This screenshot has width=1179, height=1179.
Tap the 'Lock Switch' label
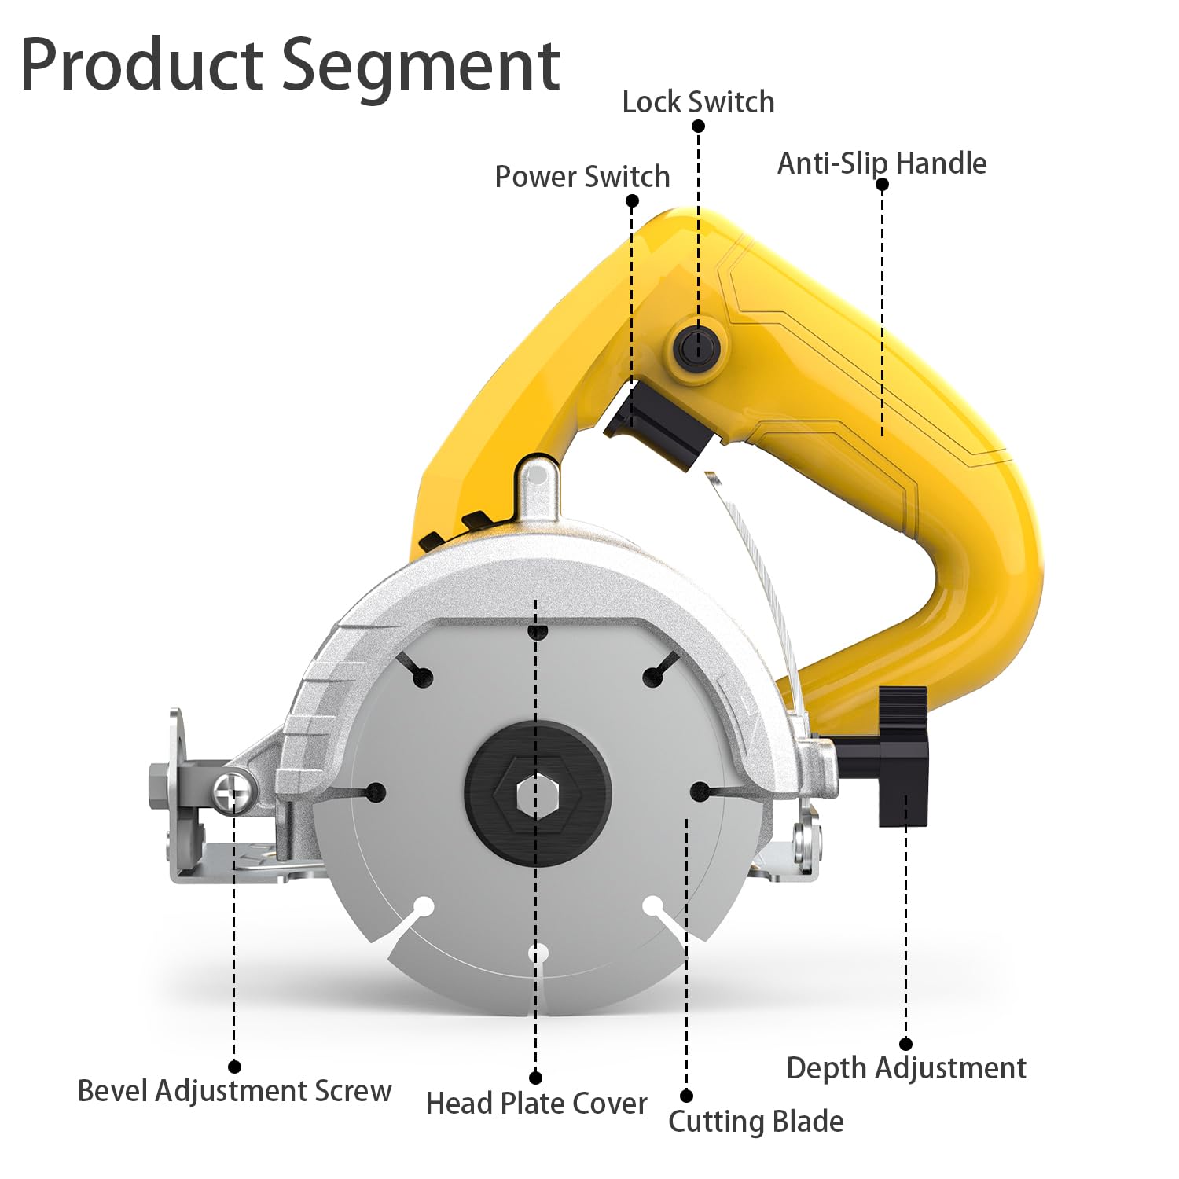[x=698, y=102]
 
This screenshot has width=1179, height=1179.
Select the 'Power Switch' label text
[x=582, y=177]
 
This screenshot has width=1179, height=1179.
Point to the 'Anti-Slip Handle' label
[x=882, y=163]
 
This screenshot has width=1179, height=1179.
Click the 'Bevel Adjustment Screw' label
[x=234, y=1091]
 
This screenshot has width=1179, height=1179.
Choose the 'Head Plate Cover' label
[x=536, y=1104]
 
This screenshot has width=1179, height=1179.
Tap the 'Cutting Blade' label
[x=756, y=1122]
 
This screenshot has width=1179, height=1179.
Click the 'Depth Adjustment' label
[x=906, y=1068]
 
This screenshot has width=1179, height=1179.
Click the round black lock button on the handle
[x=697, y=346]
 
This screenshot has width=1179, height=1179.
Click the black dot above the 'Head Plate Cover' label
[x=536, y=1078]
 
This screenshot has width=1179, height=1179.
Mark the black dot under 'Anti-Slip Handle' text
[x=882, y=185]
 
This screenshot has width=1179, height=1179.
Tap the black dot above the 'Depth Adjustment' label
[x=905, y=1044]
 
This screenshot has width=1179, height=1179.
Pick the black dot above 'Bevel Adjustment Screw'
[x=234, y=1067]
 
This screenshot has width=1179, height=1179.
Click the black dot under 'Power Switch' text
[x=632, y=200]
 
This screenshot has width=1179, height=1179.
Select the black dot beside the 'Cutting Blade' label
[x=686, y=1096]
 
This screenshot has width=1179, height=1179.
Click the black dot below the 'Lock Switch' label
[x=698, y=126]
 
